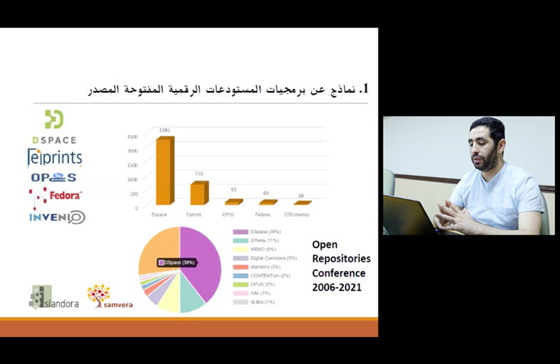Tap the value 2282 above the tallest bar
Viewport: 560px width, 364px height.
point(164,130)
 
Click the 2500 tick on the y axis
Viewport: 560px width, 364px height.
point(133,136)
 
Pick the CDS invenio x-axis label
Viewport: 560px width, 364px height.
point(297,213)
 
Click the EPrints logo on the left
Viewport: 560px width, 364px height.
point(55,157)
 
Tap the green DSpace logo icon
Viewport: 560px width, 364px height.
point(54,119)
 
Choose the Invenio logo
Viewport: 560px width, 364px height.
point(57,217)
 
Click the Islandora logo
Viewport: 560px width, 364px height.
point(53,297)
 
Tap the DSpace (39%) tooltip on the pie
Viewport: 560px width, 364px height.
point(177,262)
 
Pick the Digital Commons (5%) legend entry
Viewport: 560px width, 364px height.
point(264,258)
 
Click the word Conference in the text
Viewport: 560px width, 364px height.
point(339,273)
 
